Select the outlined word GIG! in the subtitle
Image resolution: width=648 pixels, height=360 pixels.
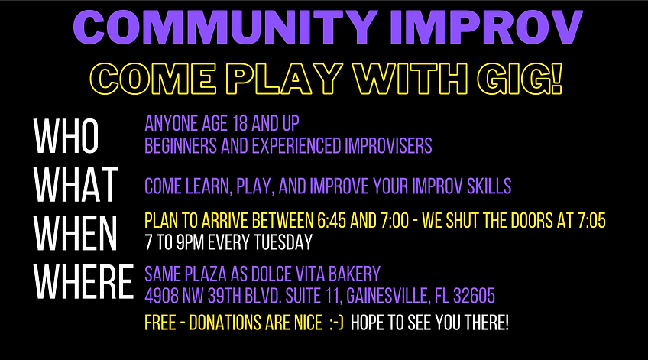point(520,79)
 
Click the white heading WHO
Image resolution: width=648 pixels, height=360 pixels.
point(66,136)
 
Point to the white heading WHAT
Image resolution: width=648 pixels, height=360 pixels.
point(76,185)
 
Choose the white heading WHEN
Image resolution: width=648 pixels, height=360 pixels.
point(75,233)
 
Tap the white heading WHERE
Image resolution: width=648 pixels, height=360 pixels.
point(83,281)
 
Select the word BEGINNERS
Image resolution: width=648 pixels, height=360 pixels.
point(181,145)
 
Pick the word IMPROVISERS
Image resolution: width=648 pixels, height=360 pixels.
point(388,145)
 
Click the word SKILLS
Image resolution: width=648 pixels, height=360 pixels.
point(489,186)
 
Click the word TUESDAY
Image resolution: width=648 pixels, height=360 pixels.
point(283,242)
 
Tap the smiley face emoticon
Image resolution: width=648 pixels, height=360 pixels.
point(336,323)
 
